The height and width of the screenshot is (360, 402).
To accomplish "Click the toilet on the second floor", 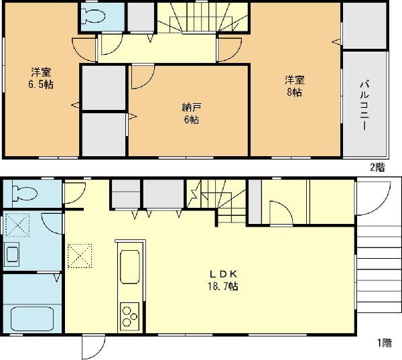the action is point(93,15).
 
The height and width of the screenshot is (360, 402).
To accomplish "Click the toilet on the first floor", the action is point(25,193).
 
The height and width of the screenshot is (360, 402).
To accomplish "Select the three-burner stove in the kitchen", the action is point(130,316).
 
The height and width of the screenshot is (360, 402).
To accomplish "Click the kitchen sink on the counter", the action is point(130,266).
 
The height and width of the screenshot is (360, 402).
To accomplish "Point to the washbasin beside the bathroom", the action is point(12,254).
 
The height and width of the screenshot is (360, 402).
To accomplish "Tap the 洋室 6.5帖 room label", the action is point(41,78).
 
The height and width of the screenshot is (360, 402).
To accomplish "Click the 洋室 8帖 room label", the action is point(294,86).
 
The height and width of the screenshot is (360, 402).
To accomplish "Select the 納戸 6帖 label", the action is point(192,114).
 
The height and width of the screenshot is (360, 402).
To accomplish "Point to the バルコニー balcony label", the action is point(364,106).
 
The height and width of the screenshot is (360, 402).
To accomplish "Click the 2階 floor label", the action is point(377,168).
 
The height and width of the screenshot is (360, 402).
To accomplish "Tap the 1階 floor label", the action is point(385,343).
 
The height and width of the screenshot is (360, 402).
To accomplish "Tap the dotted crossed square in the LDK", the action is point(80,256).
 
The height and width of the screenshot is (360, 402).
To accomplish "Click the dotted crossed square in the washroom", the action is point(17,225).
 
